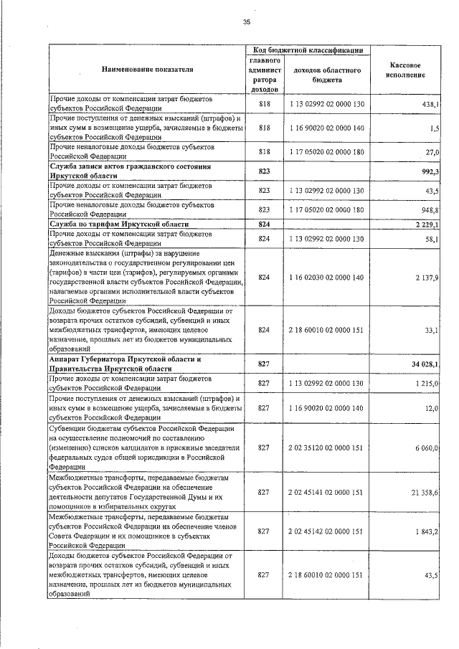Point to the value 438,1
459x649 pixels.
point(430,105)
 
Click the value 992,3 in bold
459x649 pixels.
point(430,171)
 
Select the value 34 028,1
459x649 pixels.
point(425,364)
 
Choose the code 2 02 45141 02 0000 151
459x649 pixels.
point(326,491)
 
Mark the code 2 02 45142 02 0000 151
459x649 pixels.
point(326,531)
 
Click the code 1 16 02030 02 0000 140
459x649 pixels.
point(326,277)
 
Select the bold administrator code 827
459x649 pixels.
point(263,364)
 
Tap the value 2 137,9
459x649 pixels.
point(426,277)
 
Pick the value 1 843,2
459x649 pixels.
point(427,531)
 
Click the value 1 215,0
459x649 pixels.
point(427,384)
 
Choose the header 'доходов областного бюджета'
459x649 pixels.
point(326,75)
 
